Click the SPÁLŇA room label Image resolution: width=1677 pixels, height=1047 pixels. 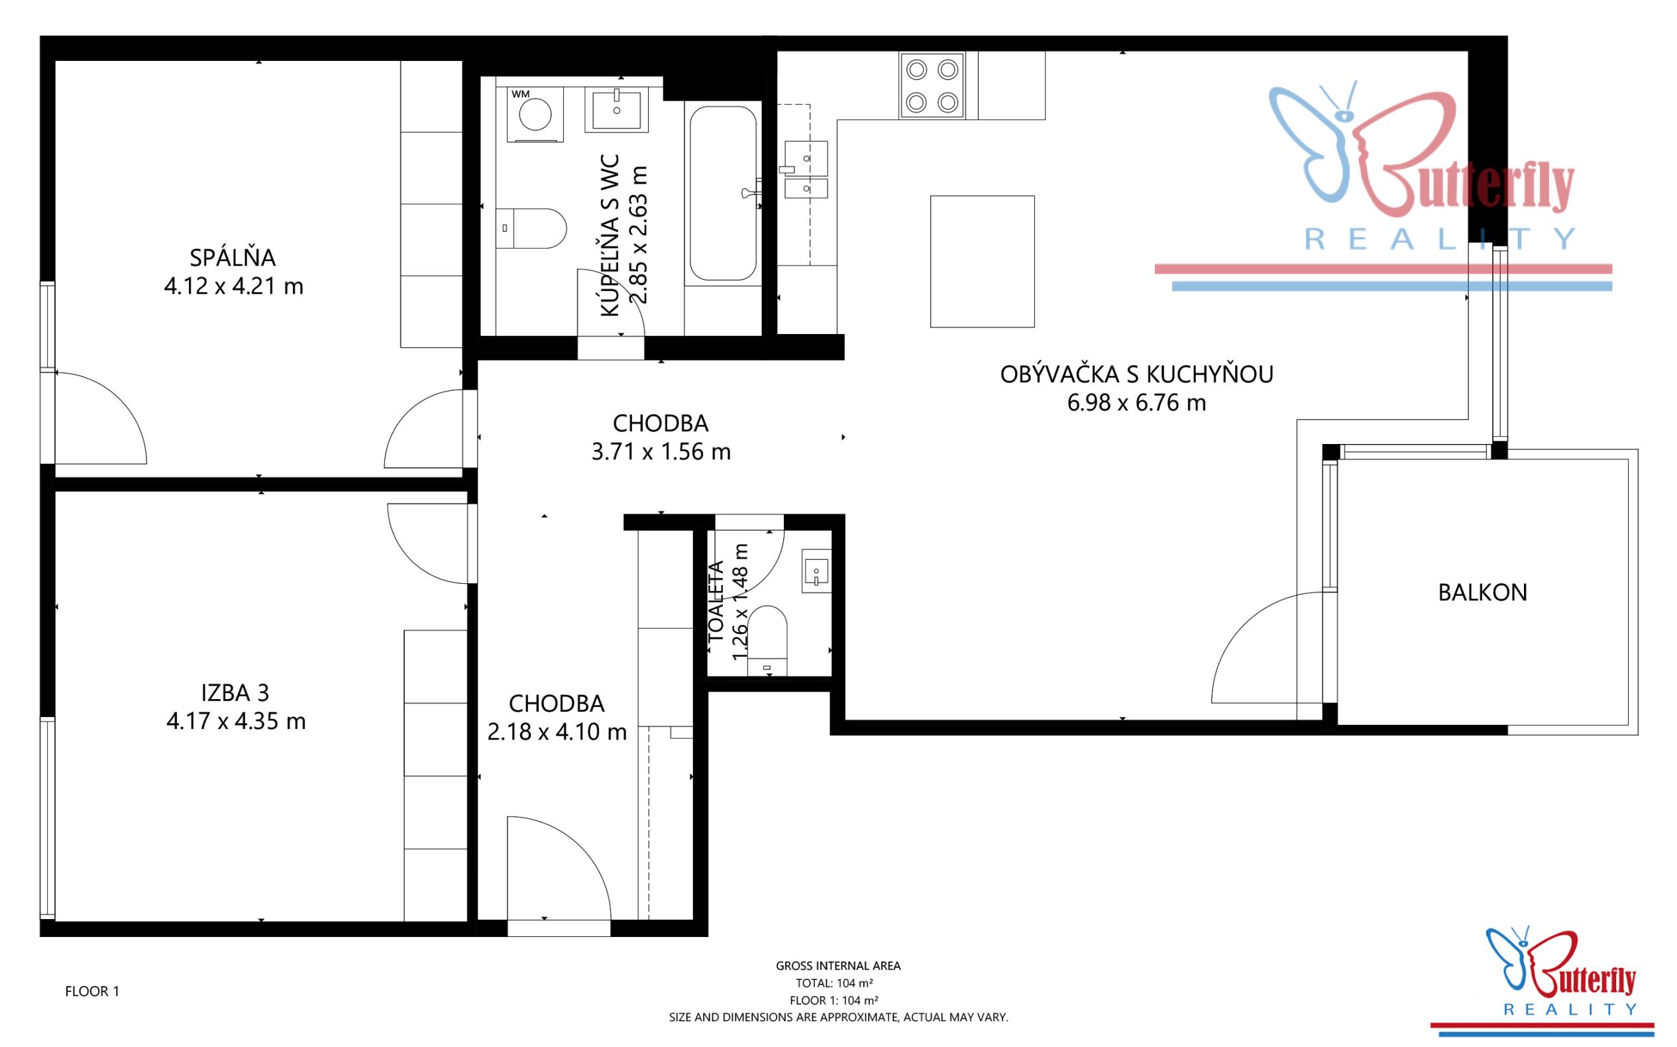coord(233,258)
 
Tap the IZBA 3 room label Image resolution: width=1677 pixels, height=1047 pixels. coord(235,692)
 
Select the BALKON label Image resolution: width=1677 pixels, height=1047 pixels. coord(1482,592)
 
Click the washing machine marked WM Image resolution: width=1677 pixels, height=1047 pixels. coord(535,114)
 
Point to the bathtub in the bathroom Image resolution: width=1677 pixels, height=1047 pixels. coord(721,193)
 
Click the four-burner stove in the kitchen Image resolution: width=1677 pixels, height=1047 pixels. coord(932,86)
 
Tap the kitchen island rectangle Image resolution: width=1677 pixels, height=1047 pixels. coord(982,261)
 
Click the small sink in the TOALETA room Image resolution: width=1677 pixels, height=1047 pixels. coord(816,571)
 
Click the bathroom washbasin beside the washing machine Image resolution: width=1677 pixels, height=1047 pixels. coord(616,109)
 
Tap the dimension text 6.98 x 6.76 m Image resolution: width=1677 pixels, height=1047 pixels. coord(1136,403)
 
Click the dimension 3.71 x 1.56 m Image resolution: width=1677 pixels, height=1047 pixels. coord(661,452)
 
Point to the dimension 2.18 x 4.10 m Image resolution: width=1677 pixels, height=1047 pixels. coord(557,732)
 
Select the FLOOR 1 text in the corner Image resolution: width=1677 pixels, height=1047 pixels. coord(92,991)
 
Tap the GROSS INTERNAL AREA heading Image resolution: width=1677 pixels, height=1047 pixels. coord(838,966)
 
